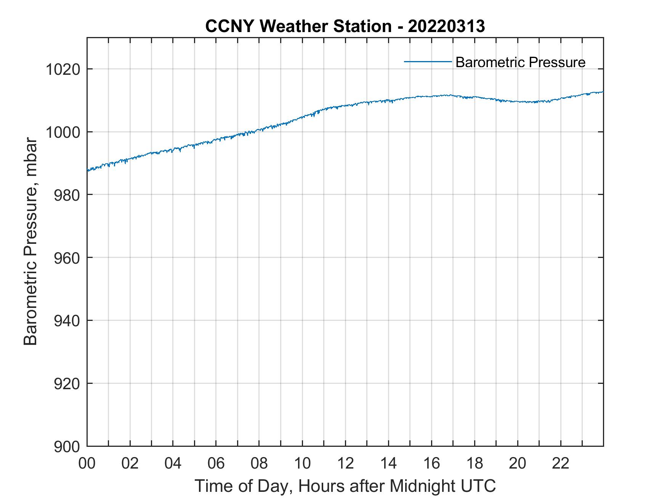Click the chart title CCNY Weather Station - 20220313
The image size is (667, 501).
[345, 26]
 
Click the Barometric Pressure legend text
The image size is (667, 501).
[520, 62]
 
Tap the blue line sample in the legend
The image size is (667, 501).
[428, 61]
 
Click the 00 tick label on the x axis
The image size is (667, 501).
[87, 464]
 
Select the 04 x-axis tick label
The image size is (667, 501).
[173, 464]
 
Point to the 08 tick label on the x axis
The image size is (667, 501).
[259, 464]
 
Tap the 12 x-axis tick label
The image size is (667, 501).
[345, 464]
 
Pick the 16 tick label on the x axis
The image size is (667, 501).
[431, 464]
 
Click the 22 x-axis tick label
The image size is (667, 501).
[561, 464]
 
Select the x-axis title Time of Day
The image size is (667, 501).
[345, 486]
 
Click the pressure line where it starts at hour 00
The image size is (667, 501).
[88, 170]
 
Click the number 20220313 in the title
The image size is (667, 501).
[446, 26]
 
